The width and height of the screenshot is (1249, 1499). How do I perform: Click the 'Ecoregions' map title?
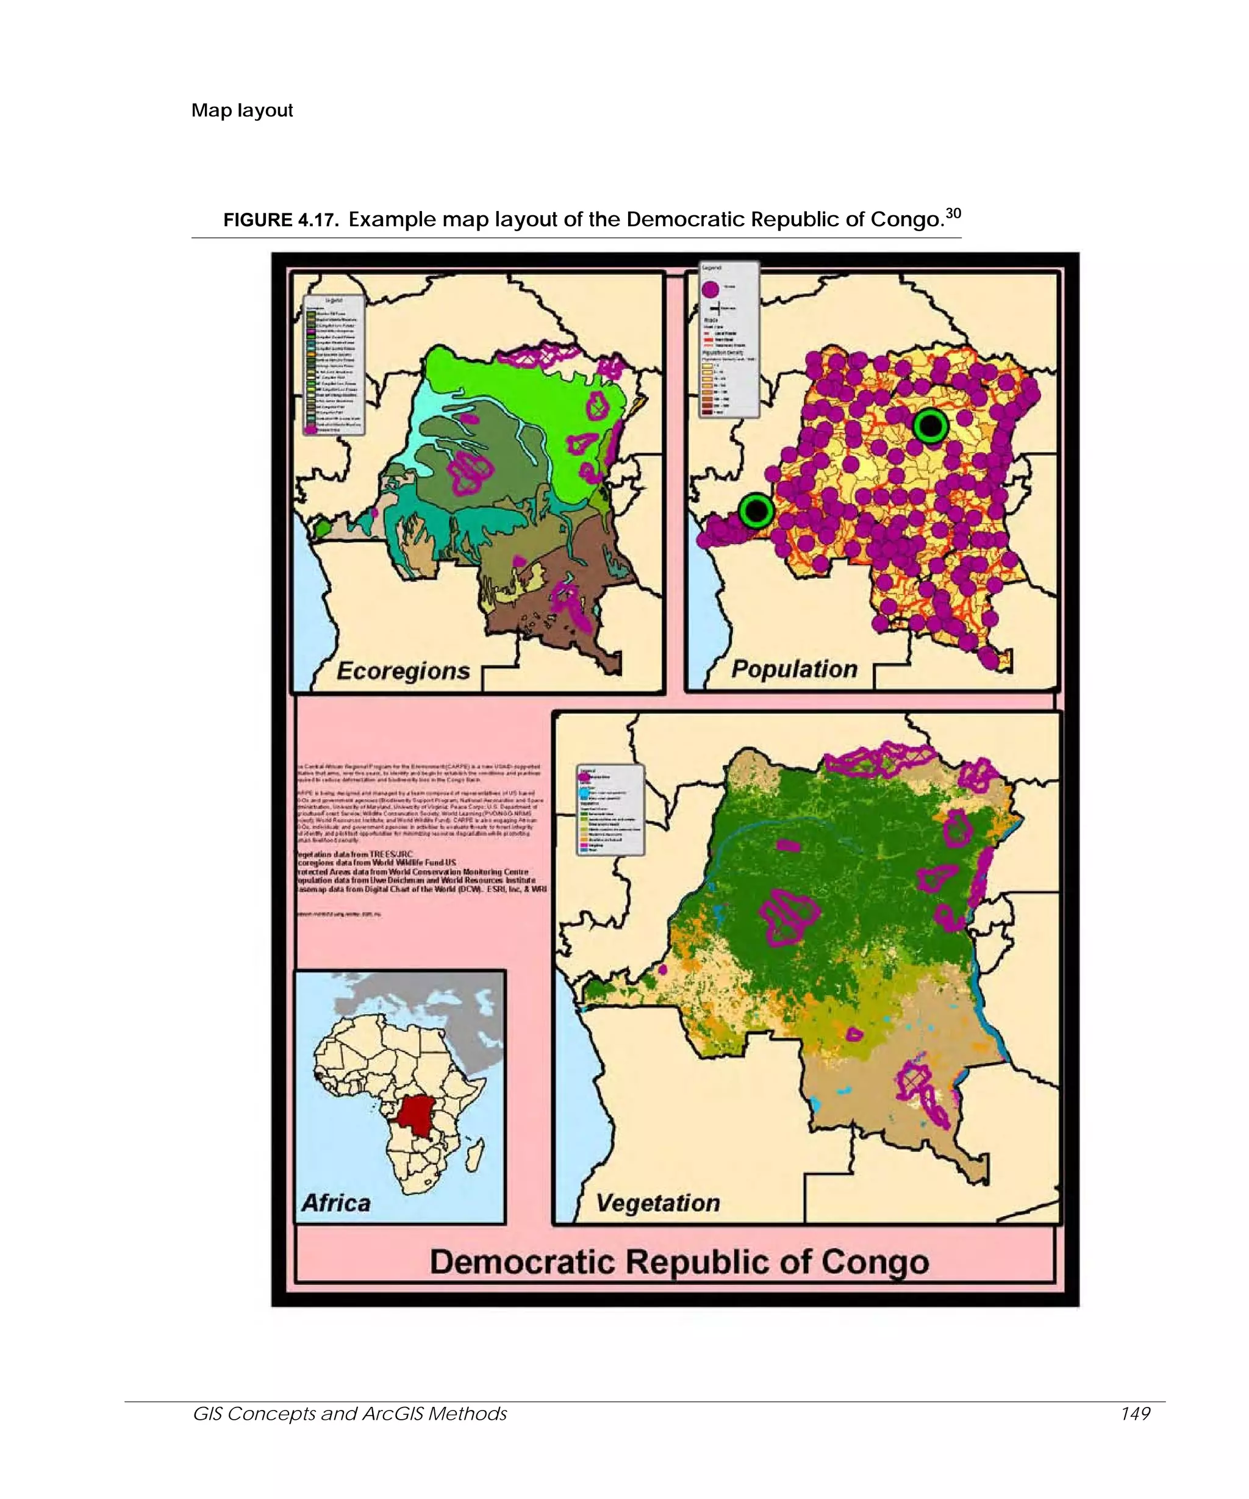403,671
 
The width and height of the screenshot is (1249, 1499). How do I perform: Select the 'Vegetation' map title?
657,1203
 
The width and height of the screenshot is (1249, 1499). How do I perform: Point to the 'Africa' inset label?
335,1203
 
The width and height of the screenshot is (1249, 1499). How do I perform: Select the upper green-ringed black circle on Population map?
930,426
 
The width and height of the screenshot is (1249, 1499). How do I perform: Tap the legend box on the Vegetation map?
610,809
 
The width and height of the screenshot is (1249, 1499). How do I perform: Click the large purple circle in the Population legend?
710,289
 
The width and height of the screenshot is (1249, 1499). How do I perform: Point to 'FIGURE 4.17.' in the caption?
281,220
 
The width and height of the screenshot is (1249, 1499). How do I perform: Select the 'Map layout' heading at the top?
242,110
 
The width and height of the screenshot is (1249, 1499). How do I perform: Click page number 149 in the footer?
1135,1414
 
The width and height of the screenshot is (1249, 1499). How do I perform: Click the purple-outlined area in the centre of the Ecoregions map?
470,471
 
